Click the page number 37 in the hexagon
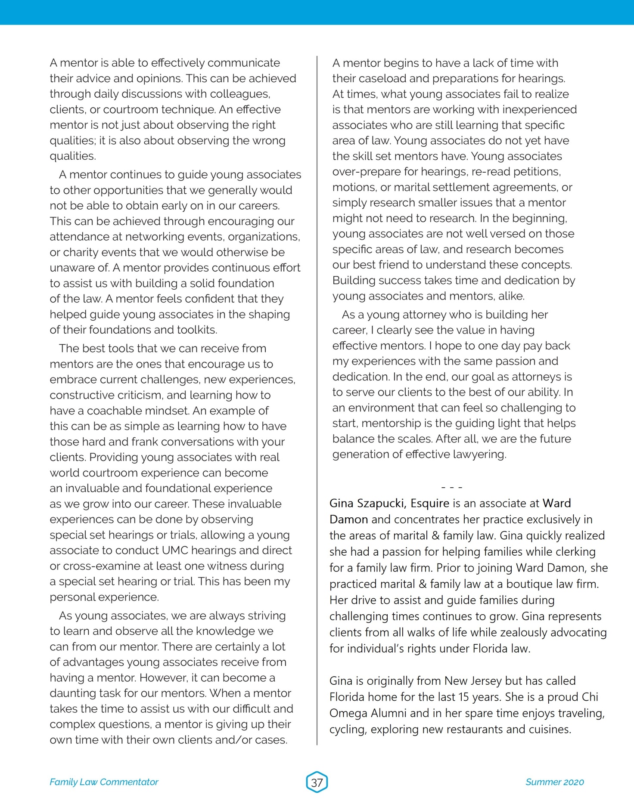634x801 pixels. click(x=317, y=782)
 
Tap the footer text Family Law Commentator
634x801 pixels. click(x=104, y=782)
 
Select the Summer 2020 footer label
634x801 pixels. click(x=554, y=782)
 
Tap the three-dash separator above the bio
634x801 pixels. click(x=452, y=488)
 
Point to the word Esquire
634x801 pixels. click(x=429, y=503)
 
